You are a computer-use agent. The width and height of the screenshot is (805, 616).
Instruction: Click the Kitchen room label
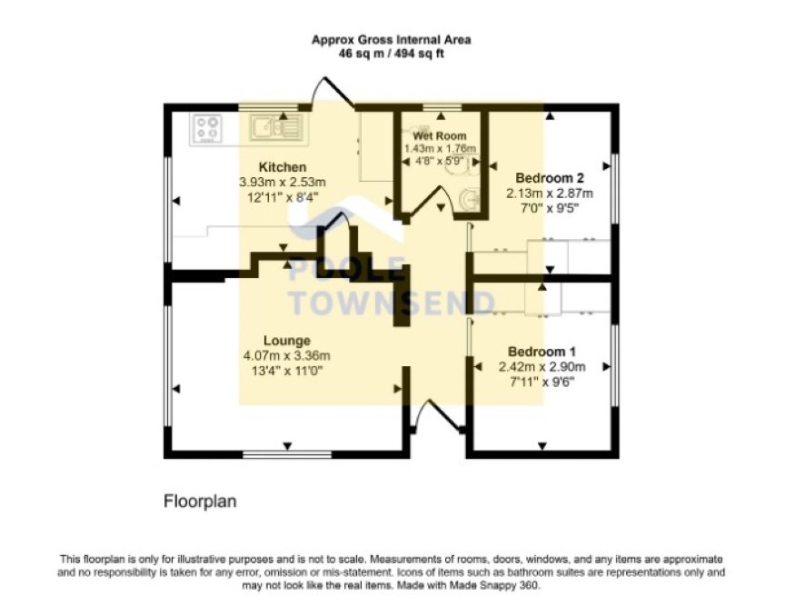[x=283, y=167]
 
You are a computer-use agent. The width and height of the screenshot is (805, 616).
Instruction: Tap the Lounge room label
[x=287, y=341]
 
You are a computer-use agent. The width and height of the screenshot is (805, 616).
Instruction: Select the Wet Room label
[x=440, y=136]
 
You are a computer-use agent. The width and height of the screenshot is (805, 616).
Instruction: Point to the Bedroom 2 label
[x=550, y=178]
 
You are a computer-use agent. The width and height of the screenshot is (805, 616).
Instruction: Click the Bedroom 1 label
[x=542, y=352]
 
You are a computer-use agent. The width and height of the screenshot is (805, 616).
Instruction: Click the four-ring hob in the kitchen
[x=208, y=128]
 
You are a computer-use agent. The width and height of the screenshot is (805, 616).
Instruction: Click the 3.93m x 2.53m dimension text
[x=283, y=183]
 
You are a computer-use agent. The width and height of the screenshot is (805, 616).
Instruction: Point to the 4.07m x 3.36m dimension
[x=286, y=356]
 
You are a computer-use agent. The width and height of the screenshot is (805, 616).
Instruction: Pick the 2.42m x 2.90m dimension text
[x=542, y=367]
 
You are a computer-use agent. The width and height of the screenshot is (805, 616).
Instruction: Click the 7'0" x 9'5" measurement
[x=550, y=208]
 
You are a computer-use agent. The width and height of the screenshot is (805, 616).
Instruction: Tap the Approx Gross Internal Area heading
[x=392, y=40]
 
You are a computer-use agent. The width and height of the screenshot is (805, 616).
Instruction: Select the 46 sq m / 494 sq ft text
[x=392, y=54]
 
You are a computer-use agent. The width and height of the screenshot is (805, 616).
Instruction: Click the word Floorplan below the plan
[x=200, y=501]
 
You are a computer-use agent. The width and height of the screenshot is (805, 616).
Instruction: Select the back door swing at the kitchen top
[x=333, y=92]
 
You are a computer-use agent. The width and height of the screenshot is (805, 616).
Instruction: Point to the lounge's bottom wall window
[x=287, y=454]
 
